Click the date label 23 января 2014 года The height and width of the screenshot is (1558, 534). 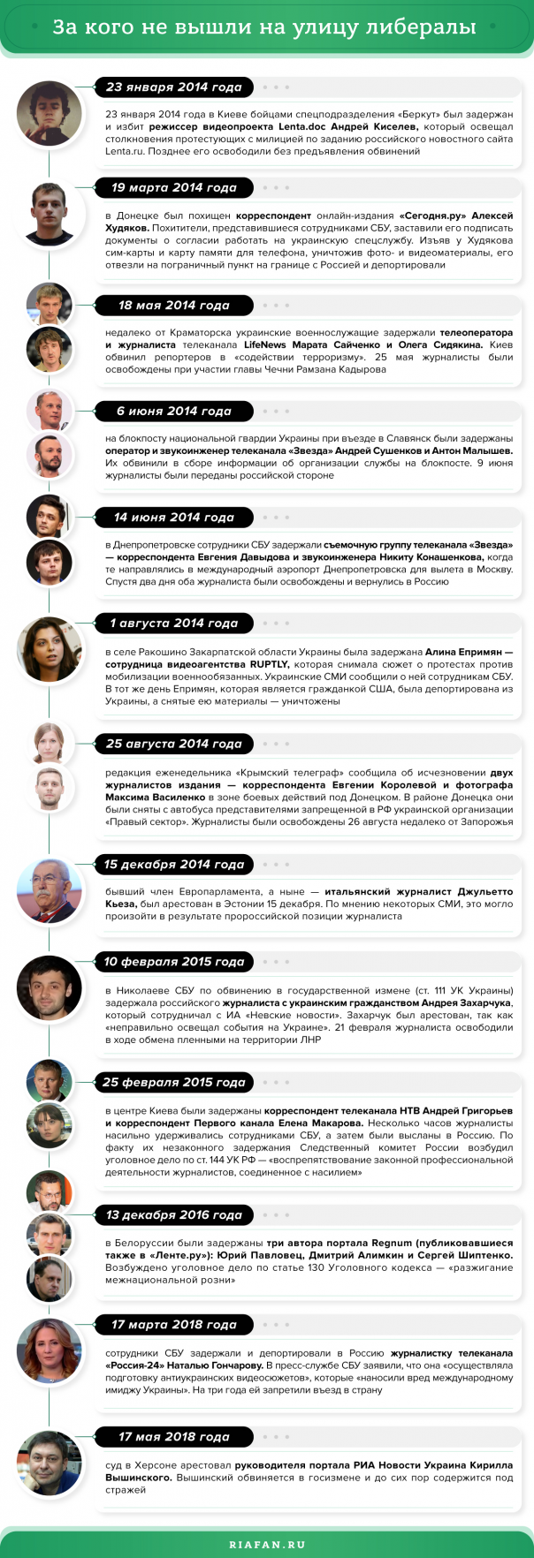point(173,87)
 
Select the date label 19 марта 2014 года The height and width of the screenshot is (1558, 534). point(173,187)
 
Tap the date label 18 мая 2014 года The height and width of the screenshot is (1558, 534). point(173,306)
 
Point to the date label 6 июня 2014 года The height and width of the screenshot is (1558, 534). point(173,412)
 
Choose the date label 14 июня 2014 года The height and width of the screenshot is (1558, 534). point(173,518)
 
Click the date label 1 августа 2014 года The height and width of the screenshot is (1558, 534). point(173,624)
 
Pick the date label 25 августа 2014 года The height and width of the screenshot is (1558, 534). point(173,744)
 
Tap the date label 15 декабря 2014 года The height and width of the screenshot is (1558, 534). point(173,865)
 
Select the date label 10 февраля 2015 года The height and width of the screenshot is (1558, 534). point(173,962)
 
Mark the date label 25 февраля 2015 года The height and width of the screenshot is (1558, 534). point(173,1082)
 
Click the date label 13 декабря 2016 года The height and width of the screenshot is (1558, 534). point(173,1215)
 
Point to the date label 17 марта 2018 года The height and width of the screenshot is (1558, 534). point(173,1325)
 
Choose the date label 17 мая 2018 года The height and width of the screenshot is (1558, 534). point(173,1437)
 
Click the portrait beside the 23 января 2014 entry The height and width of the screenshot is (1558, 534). point(50,114)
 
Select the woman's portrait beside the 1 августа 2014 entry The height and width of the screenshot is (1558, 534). point(50,649)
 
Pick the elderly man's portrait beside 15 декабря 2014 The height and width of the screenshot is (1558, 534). point(50,890)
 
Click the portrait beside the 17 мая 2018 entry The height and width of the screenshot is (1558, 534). point(50,1463)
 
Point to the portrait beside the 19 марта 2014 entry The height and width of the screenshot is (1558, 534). point(50,214)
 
